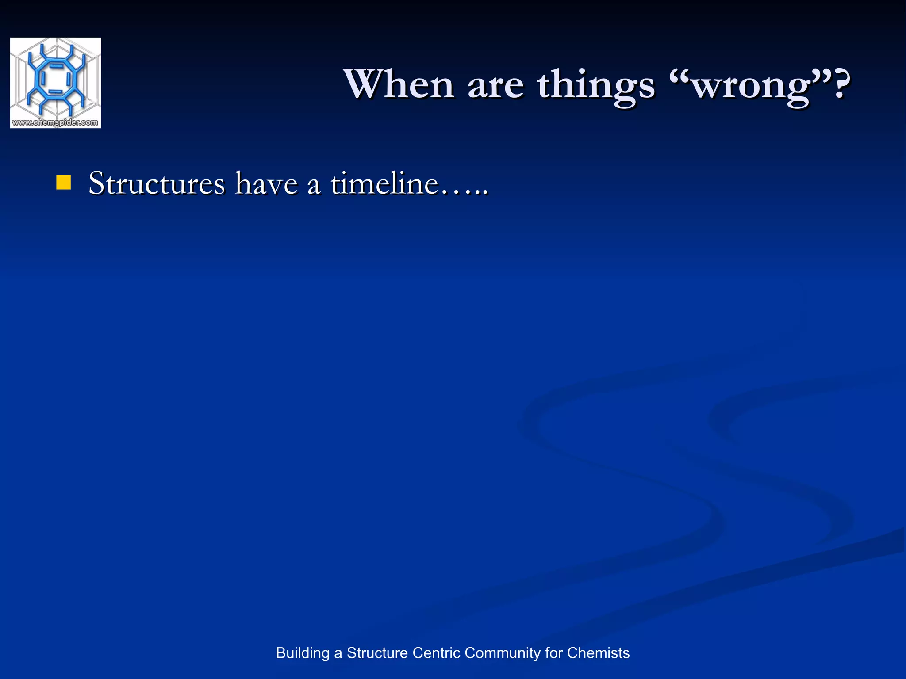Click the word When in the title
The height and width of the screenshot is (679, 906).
click(399, 84)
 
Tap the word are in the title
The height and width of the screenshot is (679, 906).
click(495, 85)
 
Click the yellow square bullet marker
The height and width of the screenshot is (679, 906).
click(64, 183)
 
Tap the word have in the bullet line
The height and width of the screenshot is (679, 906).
click(266, 183)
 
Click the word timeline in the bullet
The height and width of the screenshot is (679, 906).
click(384, 183)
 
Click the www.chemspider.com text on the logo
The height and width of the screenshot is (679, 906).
click(55, 122)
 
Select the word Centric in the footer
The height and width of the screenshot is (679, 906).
click(436, 653)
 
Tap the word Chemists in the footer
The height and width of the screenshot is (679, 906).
click(598, 653)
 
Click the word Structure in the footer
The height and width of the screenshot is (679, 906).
click(377, 653)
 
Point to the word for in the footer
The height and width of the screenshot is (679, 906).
click(553, 653)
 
